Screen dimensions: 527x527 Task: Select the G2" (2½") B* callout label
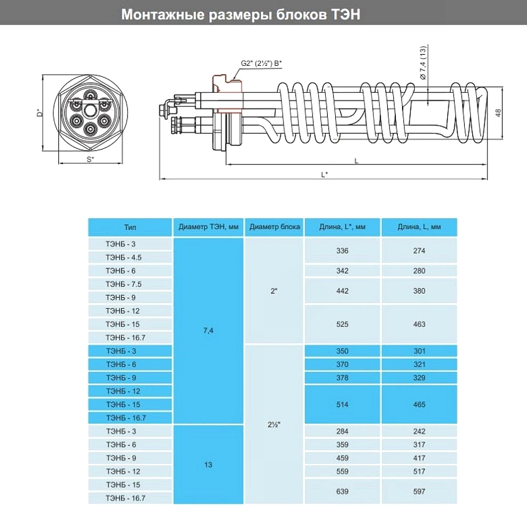pos(261,64)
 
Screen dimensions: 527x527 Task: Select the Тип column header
pos(130,227)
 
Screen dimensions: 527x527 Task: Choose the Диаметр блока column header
pos(275,227)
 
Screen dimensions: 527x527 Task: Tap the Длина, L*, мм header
pos(342,227)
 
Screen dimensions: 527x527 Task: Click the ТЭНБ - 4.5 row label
pos(124,258)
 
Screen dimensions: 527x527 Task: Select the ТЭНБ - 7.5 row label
pos(124,284)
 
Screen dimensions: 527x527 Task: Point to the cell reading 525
pos(342,324)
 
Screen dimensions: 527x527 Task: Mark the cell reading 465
pos(419,404)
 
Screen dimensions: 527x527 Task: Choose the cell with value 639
pos(342,491)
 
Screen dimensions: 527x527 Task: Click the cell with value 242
pos(419,431)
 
